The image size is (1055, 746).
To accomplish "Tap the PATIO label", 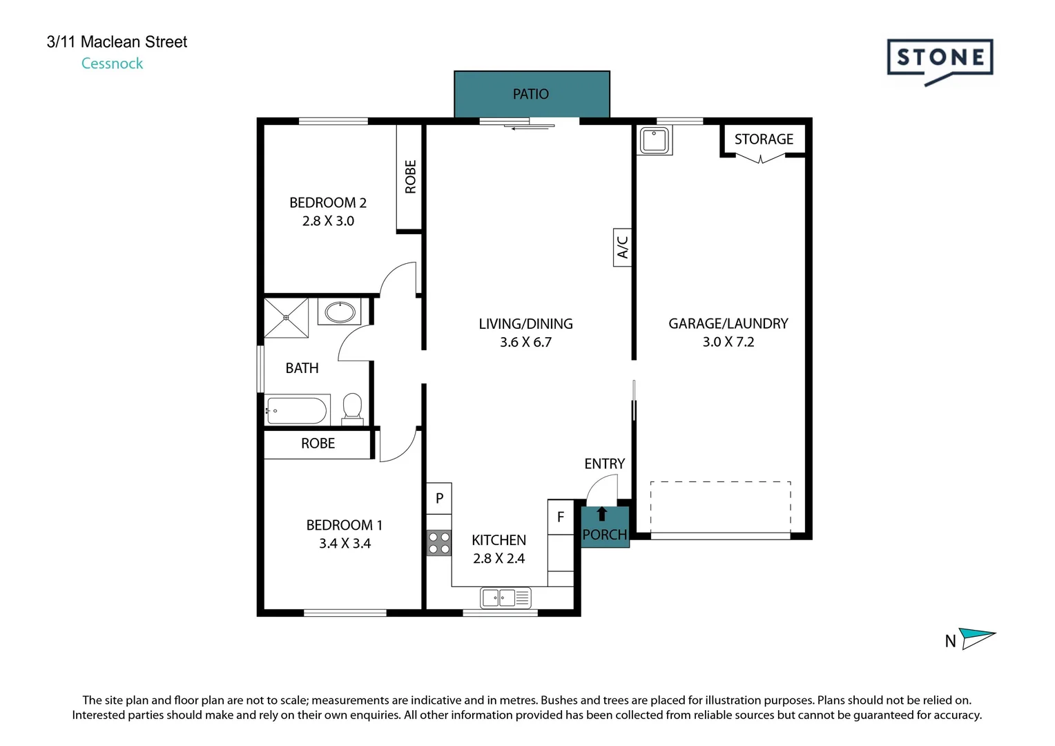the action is pos(531,94).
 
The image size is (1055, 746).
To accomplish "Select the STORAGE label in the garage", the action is pos(764,139).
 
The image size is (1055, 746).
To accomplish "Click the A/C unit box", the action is pos(622,247).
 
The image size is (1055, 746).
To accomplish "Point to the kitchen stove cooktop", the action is pos(439,543).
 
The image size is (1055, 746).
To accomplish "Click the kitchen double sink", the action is pos(505,598).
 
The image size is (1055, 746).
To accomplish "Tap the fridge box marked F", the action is pos(561,517).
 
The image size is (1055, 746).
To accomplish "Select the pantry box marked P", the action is pos(439,498).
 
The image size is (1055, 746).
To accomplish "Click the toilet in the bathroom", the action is pos(352,408).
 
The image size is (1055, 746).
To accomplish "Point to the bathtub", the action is pos(297,410).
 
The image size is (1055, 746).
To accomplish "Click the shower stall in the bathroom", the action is pos(286,318).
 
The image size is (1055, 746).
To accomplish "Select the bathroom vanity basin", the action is pos(340,312).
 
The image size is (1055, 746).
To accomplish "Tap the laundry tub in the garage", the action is pos(654,140).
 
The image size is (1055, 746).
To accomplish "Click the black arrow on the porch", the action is pos(601,514).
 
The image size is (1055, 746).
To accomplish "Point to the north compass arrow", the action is pos(977,638).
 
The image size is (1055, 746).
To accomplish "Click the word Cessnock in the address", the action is pos(112,64).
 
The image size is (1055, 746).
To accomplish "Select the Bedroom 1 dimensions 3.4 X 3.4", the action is pos(345,544).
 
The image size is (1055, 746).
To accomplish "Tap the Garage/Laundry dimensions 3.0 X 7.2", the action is pos(728,342).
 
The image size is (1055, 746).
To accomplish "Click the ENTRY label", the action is pos(604,463).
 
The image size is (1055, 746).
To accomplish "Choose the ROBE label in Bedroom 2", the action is pos(410,177).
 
